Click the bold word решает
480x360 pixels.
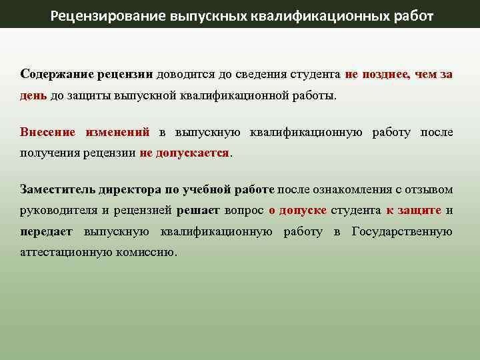coord(198,211)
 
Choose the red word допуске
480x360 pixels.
coord(303,211)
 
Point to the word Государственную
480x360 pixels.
coord(402,232)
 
